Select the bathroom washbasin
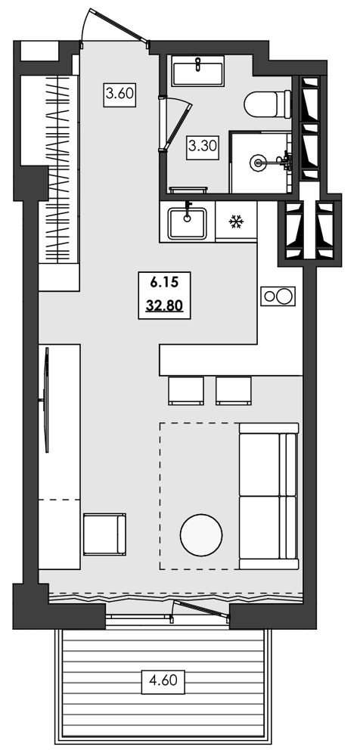(197, 73)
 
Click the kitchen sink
(187, 222)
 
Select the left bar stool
(185, 389)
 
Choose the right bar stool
(233, 389)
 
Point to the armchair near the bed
(104, 534)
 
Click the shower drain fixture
(259, 161)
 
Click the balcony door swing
(200, 609)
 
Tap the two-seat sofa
(268, 496)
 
